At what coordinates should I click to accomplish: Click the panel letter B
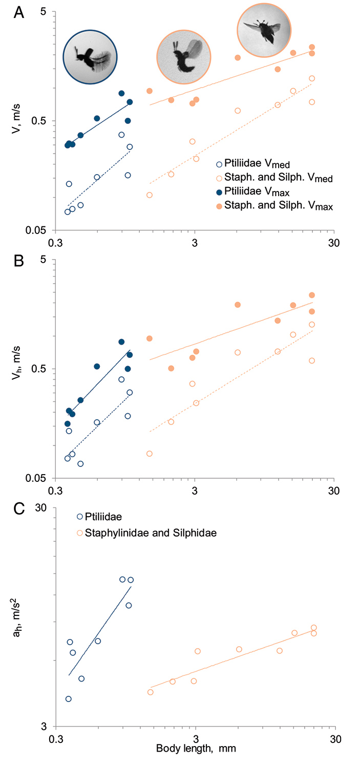(18, 261)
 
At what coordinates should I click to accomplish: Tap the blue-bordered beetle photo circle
(90, 56)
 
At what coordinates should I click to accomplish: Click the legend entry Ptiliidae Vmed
(253, 164)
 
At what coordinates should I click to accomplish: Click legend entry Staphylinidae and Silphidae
(146, 533)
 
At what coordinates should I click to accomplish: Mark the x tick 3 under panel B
(195, 491)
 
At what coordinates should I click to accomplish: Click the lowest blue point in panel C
(69, 699)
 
